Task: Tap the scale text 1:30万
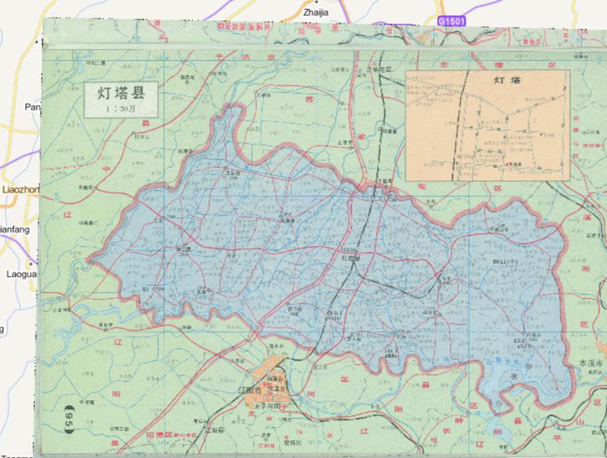121,108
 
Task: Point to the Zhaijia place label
315,12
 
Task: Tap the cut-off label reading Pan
32,107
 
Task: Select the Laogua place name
17,275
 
